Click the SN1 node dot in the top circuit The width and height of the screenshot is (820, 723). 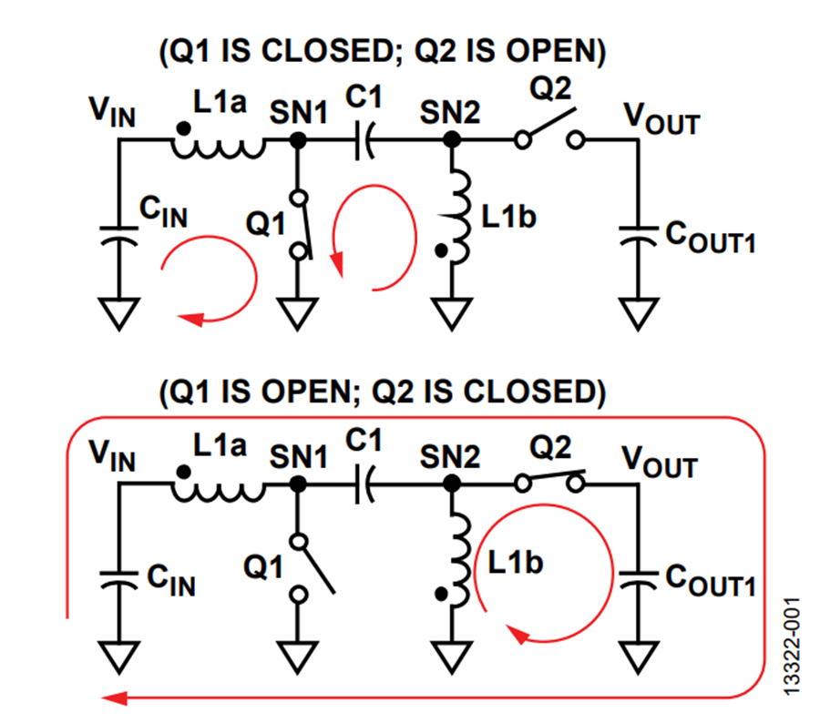click(x=298, y=140)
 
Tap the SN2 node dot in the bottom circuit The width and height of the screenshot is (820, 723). click(x=451, y=484)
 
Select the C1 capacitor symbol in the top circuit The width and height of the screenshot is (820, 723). click(x=364, y=140)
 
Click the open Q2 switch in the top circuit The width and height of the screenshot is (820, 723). click(x=549, y=129)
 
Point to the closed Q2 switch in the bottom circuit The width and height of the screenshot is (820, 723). click(x=549, y=480)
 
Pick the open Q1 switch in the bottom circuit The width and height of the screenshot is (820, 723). click(x=312, y=567)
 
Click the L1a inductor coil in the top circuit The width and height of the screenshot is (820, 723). click(x=218, y=148)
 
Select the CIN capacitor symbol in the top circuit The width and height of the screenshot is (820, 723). click(x=119, y=235)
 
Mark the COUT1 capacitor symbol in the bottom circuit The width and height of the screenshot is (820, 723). click(x=638, y=579)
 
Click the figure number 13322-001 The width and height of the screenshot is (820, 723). click(x=793, y=647)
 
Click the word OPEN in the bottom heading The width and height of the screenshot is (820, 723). click(x=305, y=392)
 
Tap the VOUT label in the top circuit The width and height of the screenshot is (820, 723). click(x=661, y=119)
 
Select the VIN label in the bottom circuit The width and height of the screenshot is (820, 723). click(x=112, y=456)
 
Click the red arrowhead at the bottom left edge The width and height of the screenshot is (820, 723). click(x=114, y=698)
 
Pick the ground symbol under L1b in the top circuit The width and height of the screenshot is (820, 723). click(x=451, y=313)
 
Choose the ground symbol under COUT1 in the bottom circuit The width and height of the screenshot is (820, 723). click(x=638, y=657)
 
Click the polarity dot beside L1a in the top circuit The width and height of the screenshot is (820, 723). click(x=183, y=128)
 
